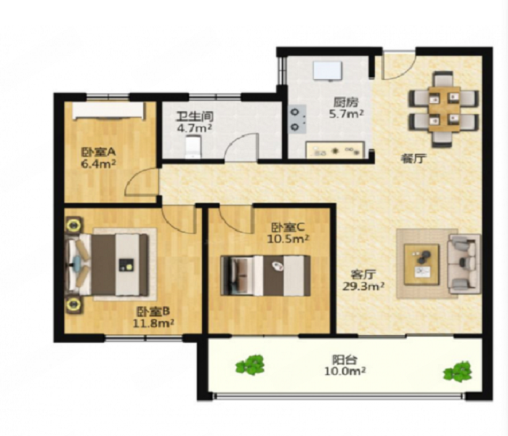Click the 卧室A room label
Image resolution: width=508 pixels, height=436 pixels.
pos(98,152)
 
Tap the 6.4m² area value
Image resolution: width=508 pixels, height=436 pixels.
pos(98,164)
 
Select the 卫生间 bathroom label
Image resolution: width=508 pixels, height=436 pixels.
pos(195,116)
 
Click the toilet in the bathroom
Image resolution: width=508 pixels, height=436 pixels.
pos(193,147)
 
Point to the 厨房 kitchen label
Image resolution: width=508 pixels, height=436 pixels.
pos(346,102)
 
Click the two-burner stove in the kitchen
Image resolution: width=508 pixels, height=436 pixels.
pos(297,119)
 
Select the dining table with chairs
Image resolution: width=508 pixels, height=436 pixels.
pos(444,109)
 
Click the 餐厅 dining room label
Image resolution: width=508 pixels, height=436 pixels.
pos(413,159)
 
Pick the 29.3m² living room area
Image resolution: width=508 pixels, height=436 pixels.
pos(363,286)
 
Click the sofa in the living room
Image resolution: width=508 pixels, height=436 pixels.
pos(464,264)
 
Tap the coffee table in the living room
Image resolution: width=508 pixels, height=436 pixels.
pos(422,265)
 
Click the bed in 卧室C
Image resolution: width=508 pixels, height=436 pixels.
pos(265,275)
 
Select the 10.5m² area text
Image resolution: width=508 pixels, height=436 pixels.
pos(288,239)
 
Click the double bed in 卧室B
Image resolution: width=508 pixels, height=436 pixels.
pos(108,265)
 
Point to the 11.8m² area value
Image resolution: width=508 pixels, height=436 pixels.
pos(153,323)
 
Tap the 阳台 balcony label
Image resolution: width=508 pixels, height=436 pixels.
pos(344,360)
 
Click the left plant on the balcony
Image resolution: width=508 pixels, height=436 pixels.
pos(250,365)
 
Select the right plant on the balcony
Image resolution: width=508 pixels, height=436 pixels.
pos(457,372)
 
